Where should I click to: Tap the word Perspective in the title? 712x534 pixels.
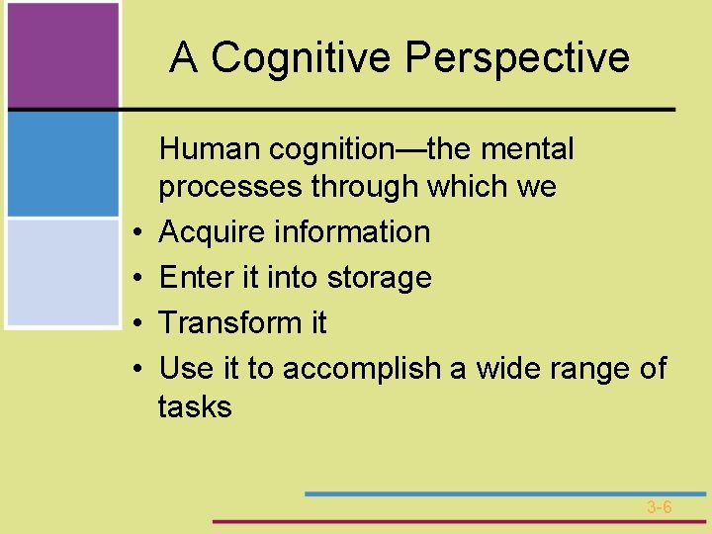point(517,57)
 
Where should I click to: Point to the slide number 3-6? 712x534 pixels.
point(660,507)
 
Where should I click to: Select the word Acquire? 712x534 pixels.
point(211,232)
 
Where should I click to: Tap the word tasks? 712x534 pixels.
point(195,406)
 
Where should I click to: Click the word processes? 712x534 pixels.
point(230,187)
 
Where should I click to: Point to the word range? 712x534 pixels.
point(593,369)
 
